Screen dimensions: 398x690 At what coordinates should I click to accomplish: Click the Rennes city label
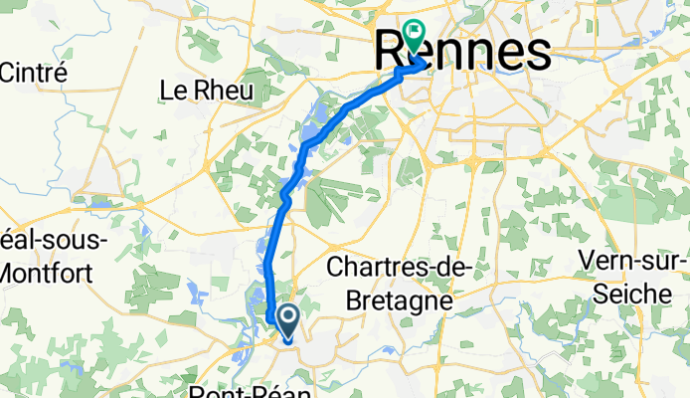(463, 52)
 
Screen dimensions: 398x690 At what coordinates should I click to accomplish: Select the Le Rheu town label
(206, 91)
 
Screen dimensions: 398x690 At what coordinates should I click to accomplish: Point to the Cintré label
(33, 72)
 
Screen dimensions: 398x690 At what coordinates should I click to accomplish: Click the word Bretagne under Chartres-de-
(388, 298)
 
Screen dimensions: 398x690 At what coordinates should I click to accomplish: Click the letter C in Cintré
(8, 72)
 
